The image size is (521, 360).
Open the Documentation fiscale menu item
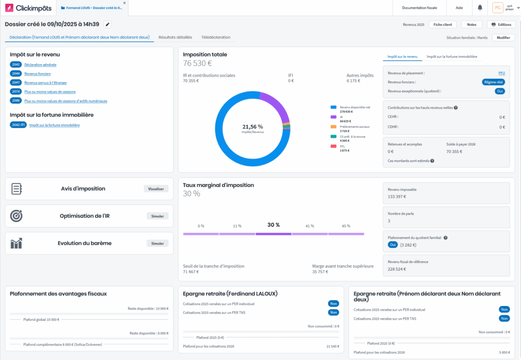419,8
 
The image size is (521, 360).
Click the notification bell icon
480,8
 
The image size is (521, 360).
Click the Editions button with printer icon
501,24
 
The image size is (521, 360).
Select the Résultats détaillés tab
176,37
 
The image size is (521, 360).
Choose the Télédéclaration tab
216,37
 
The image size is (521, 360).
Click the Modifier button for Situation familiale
503,38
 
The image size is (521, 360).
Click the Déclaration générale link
40,65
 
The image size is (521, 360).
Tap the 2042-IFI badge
18,125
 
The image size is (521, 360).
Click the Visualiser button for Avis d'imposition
156,189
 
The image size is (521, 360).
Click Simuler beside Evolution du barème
157,244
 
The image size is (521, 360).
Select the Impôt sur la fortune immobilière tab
452,56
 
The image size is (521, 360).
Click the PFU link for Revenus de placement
501,73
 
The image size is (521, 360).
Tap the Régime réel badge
493,82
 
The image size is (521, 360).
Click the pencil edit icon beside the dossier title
107,24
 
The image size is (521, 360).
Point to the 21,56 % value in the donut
253,127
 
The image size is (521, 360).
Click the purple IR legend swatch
333,116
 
